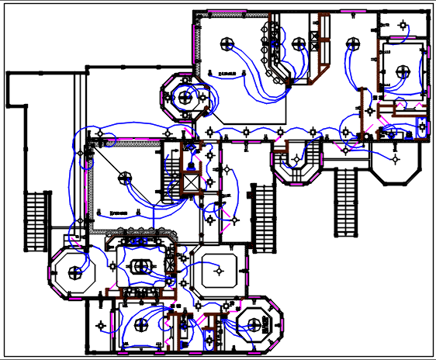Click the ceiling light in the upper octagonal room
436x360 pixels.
tap(185, 97)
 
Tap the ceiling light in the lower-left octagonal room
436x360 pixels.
tap(74, 272)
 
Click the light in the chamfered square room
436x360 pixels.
tap(220, 271)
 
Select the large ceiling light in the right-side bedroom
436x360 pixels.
tap(402, 71)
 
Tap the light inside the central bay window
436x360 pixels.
tap(295, 160)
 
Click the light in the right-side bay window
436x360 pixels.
tap(396, 160)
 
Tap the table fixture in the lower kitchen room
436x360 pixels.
tap(140, 266)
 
